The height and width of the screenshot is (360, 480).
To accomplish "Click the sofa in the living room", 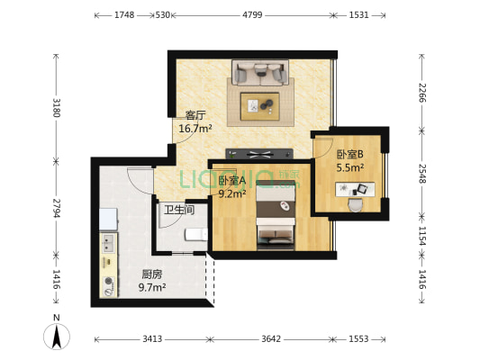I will (259, 72).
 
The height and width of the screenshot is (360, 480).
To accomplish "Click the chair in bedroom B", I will (356, 203).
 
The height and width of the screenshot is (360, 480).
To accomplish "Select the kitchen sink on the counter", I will (108, 243).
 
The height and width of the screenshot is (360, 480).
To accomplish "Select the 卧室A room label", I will (232, 179).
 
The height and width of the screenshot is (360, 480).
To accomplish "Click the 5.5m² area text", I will (350, 166).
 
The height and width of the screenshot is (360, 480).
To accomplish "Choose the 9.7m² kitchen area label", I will (151, 287).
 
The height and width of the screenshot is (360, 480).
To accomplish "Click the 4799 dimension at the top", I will (252, 14).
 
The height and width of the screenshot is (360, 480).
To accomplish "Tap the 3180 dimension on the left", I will (57, 108).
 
